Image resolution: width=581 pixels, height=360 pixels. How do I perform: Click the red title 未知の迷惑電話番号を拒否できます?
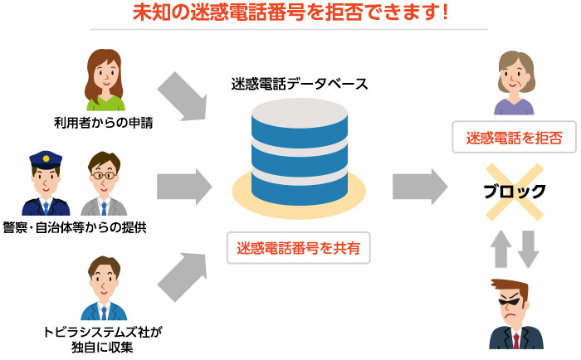pos(290,13)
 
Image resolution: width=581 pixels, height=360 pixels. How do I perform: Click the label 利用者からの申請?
pos(104,124)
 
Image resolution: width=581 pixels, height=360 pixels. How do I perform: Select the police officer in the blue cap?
pos(46,182)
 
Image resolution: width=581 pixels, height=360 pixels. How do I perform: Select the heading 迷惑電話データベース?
pos(299,84)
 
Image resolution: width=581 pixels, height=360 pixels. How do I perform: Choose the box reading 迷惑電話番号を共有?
pos(298,247)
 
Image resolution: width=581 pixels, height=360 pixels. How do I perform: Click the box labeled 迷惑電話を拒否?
pos(515,138)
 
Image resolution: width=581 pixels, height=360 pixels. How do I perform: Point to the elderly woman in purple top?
pos(515,83)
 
